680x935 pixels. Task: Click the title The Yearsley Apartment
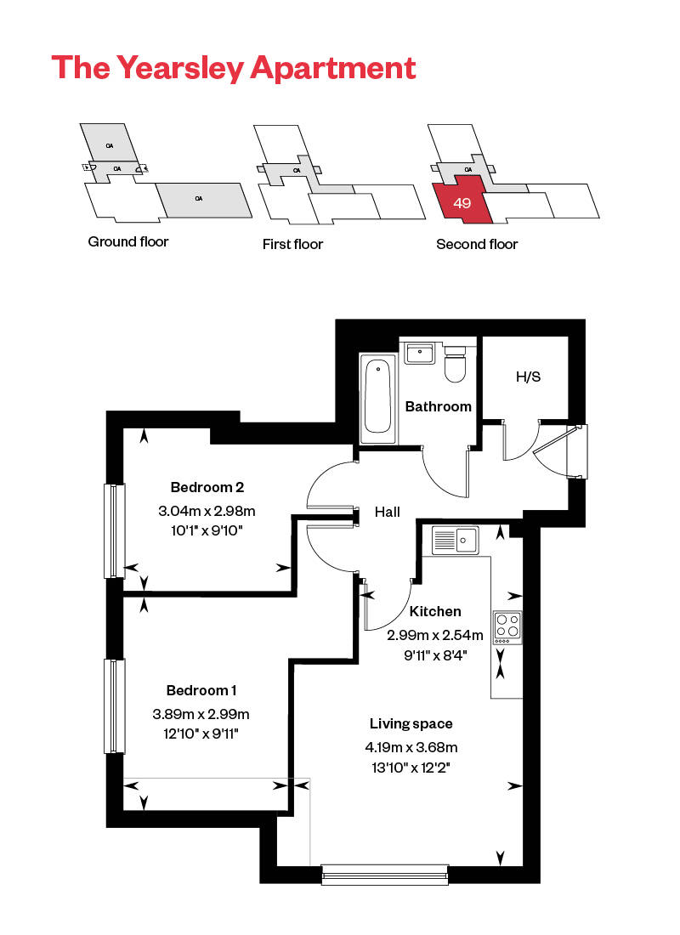[x=234, y=67]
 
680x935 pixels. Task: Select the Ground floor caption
[x=128, y=241]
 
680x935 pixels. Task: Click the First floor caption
[x=293, y=244]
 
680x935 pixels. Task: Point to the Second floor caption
[x=477, y=244]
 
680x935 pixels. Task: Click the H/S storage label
[x=528, y=377]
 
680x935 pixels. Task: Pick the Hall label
[x=388, y=512]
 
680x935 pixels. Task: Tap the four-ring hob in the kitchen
[x=507, y=627]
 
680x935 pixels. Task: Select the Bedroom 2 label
[x=207, y=487]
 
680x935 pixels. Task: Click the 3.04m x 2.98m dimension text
[x=207, y=511]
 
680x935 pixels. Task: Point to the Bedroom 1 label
[x=201, y=689]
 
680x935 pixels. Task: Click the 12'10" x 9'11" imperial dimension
[x=201, y=733]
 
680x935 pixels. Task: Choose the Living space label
[x=411, y=723]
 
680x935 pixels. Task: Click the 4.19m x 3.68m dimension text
[x=411, y=748]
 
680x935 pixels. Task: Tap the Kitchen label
[x=435, y=611]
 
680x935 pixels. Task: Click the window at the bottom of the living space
[x=385, y=875]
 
